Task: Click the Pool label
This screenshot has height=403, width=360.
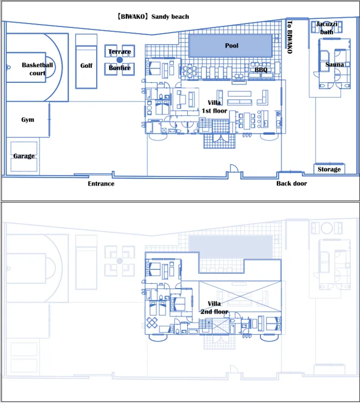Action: point(232,46)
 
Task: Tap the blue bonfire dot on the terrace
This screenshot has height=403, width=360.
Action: point(120,60)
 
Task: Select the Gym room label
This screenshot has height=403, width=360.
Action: point(28,120)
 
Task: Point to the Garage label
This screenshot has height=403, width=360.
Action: point(24,156)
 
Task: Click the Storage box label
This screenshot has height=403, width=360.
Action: point(329,169)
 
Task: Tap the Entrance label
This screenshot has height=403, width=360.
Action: point(101,183)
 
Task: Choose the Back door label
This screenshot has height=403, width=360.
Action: point(292,183)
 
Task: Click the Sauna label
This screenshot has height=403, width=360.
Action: point(334,65)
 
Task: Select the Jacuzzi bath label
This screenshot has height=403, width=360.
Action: point(327,28)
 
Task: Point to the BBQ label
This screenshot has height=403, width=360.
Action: point(261,69)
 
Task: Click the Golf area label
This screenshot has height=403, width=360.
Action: point(87,66)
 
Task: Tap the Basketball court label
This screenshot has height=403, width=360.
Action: point(37,69)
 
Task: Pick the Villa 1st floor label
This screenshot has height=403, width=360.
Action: point(215,107)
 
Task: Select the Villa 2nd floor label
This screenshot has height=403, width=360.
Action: point(215,308)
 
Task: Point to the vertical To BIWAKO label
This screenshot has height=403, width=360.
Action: point(289,37)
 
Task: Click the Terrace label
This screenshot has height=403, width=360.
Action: point(120,52)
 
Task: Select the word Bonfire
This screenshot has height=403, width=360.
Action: point(120,68)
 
